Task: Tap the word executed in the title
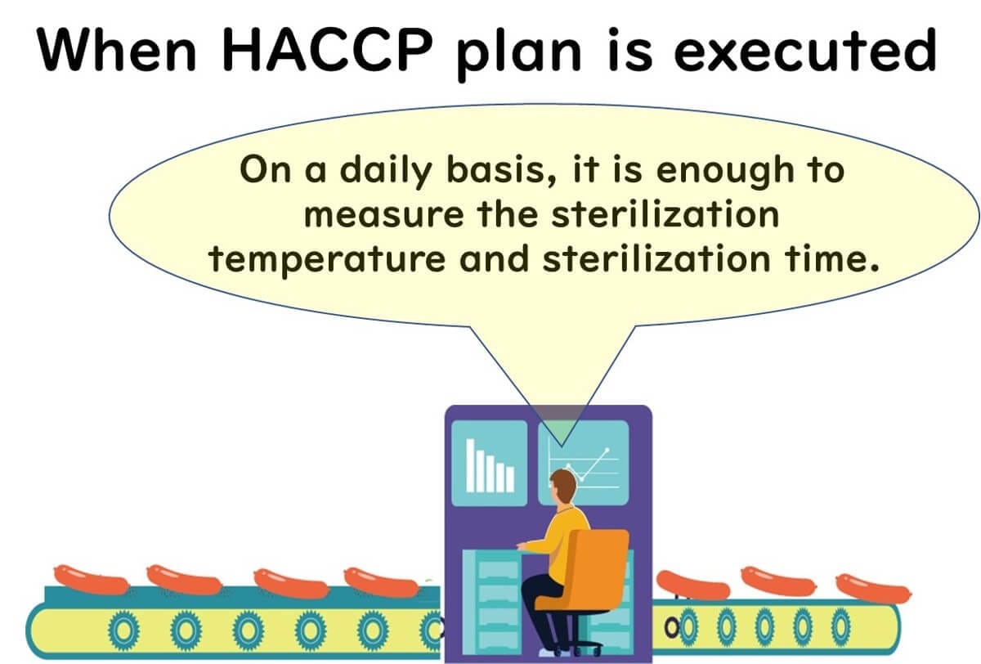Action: [x=805, y=50]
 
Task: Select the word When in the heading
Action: [x=116, y=49]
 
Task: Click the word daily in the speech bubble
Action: [x=386, y=171]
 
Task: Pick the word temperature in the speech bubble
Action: [x=327, y=259]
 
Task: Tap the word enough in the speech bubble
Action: [x=726, y=171]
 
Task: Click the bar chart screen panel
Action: [x=489, y=463]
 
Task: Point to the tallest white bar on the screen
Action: [x=471, y=465]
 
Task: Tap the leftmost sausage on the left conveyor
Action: [x=91, y=580]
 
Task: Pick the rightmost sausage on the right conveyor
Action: [x=874, y=588]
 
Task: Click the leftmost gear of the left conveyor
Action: [x=124, y=630]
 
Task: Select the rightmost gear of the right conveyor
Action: [x=840, y=626]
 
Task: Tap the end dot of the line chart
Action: [x=607, y=450]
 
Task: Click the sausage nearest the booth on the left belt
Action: [x=382, y=583]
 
